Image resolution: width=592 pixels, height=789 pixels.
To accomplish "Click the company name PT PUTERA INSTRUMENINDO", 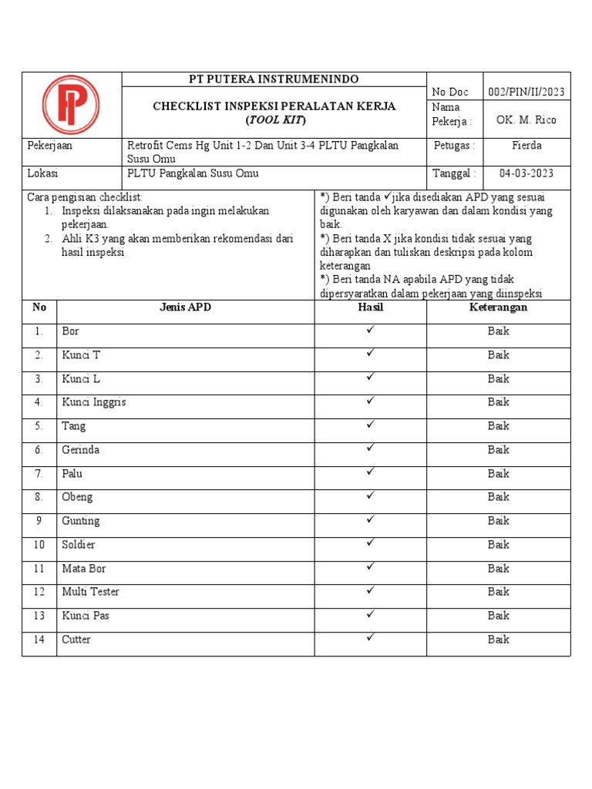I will (274, 80).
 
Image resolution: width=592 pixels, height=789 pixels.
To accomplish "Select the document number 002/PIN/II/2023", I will (526, 92).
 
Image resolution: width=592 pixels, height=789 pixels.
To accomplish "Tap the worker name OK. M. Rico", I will (526, 120).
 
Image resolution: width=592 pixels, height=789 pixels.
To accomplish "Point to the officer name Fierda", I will (526, 146).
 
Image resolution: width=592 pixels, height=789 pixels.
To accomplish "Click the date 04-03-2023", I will (526, 173).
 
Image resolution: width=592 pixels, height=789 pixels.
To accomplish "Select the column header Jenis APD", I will (185, 307).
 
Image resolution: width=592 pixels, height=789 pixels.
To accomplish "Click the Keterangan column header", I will (498, 307).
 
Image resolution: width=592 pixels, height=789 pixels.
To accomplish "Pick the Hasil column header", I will (370, 307).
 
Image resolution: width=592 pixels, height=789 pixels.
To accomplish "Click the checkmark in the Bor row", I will (371, 330).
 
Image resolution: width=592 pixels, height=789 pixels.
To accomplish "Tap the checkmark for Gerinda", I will (371, 448).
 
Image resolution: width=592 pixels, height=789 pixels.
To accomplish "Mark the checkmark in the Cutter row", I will (371, 638).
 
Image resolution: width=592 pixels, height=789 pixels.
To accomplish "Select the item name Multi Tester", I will (90, 592).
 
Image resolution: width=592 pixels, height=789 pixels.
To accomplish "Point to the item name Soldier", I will (79, 545).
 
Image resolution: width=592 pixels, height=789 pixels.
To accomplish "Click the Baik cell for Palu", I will (498, 473).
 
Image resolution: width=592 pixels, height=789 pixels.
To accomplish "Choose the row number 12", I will (39, 592).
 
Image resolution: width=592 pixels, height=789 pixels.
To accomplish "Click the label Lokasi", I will (42, 173).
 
